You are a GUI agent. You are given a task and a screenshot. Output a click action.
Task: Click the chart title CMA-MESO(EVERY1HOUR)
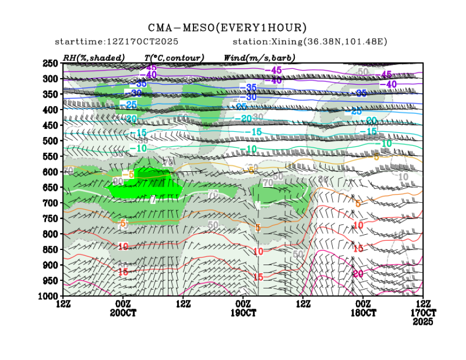tap(228, 28)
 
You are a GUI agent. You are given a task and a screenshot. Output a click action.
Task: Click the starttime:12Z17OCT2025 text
tap(117, 42)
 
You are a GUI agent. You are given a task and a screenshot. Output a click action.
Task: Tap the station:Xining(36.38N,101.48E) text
tap(310, 42)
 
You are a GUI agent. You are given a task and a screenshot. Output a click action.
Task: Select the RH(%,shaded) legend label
tap(94, 57)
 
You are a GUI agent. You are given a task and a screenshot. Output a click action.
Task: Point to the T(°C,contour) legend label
tap(174, 57)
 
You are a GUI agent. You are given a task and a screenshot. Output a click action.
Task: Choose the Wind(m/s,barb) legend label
tap(259, 57)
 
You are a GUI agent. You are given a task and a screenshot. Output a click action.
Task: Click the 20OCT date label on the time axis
tap(124, 313)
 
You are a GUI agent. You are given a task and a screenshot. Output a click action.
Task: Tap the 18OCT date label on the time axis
tap(363, 313)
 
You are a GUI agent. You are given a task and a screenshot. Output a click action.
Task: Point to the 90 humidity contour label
tap(116, 181)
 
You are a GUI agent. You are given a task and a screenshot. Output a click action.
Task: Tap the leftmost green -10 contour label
tap(141, 148)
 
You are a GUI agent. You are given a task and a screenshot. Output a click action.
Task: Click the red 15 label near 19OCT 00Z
tap(258, 277)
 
